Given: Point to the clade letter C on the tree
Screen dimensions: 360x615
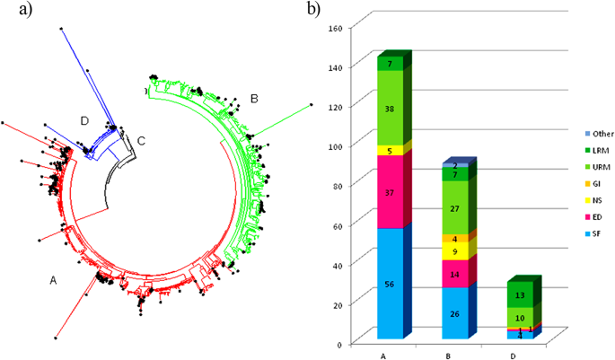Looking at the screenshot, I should pyautogui.click(x=140, y=139).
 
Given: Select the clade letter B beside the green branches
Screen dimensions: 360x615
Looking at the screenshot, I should pyautogui.click(x=254, y=97).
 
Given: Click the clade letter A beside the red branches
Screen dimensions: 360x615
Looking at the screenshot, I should pyautogui.click(x=54, y=280).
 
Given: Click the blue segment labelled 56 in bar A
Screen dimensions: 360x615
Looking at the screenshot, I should pyautogui.click(x=390, y=284).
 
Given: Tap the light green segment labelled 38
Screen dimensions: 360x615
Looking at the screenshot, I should pyautogui.click(x=390, y=108).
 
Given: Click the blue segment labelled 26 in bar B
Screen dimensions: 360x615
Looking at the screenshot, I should pyautogui.click(x=453, y=312).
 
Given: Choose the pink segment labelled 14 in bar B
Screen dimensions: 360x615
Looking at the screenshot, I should pyautogui.click(x=453, y=274).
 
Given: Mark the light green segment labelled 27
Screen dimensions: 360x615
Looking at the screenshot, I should pyautogui.click(x=453, y=208).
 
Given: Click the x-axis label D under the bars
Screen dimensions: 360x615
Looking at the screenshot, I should pyautogui.click(x=517, y=354).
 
